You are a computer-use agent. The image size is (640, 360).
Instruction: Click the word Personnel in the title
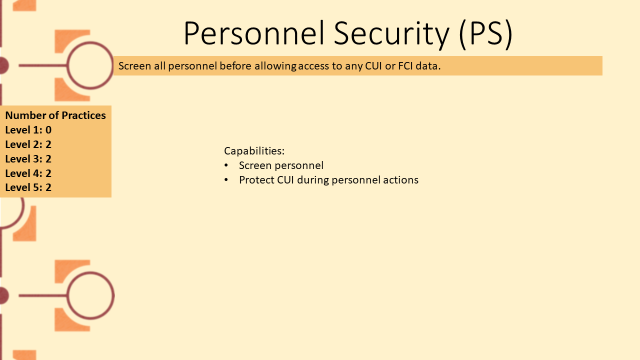[x=254, y=33]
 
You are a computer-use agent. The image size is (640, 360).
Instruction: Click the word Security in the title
[x=391, y=34]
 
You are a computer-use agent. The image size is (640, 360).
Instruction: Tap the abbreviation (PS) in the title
[x=485, y=34]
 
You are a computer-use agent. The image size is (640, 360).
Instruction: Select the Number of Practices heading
[x=55, y=115]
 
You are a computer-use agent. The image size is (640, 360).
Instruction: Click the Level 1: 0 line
[x=28, y=130]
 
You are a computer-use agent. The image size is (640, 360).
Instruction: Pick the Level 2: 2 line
[x=28, y=144]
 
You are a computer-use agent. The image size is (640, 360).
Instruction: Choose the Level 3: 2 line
[x=28, y=159]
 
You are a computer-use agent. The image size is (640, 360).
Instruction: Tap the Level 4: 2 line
[x=28, y=173]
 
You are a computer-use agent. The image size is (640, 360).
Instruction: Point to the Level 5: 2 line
[x=28, y=187]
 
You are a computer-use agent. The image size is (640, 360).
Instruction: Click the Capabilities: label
[x=254, y=151]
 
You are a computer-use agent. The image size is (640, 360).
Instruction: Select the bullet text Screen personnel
[x=281, y=165]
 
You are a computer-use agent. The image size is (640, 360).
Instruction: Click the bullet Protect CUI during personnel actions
[x=328, y=180]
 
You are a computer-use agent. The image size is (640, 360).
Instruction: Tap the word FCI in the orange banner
[x=405, y=66]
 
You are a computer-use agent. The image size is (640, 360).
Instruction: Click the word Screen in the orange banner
[x=134, y=66]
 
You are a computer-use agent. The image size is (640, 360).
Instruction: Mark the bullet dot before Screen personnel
[x=226, y=165]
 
